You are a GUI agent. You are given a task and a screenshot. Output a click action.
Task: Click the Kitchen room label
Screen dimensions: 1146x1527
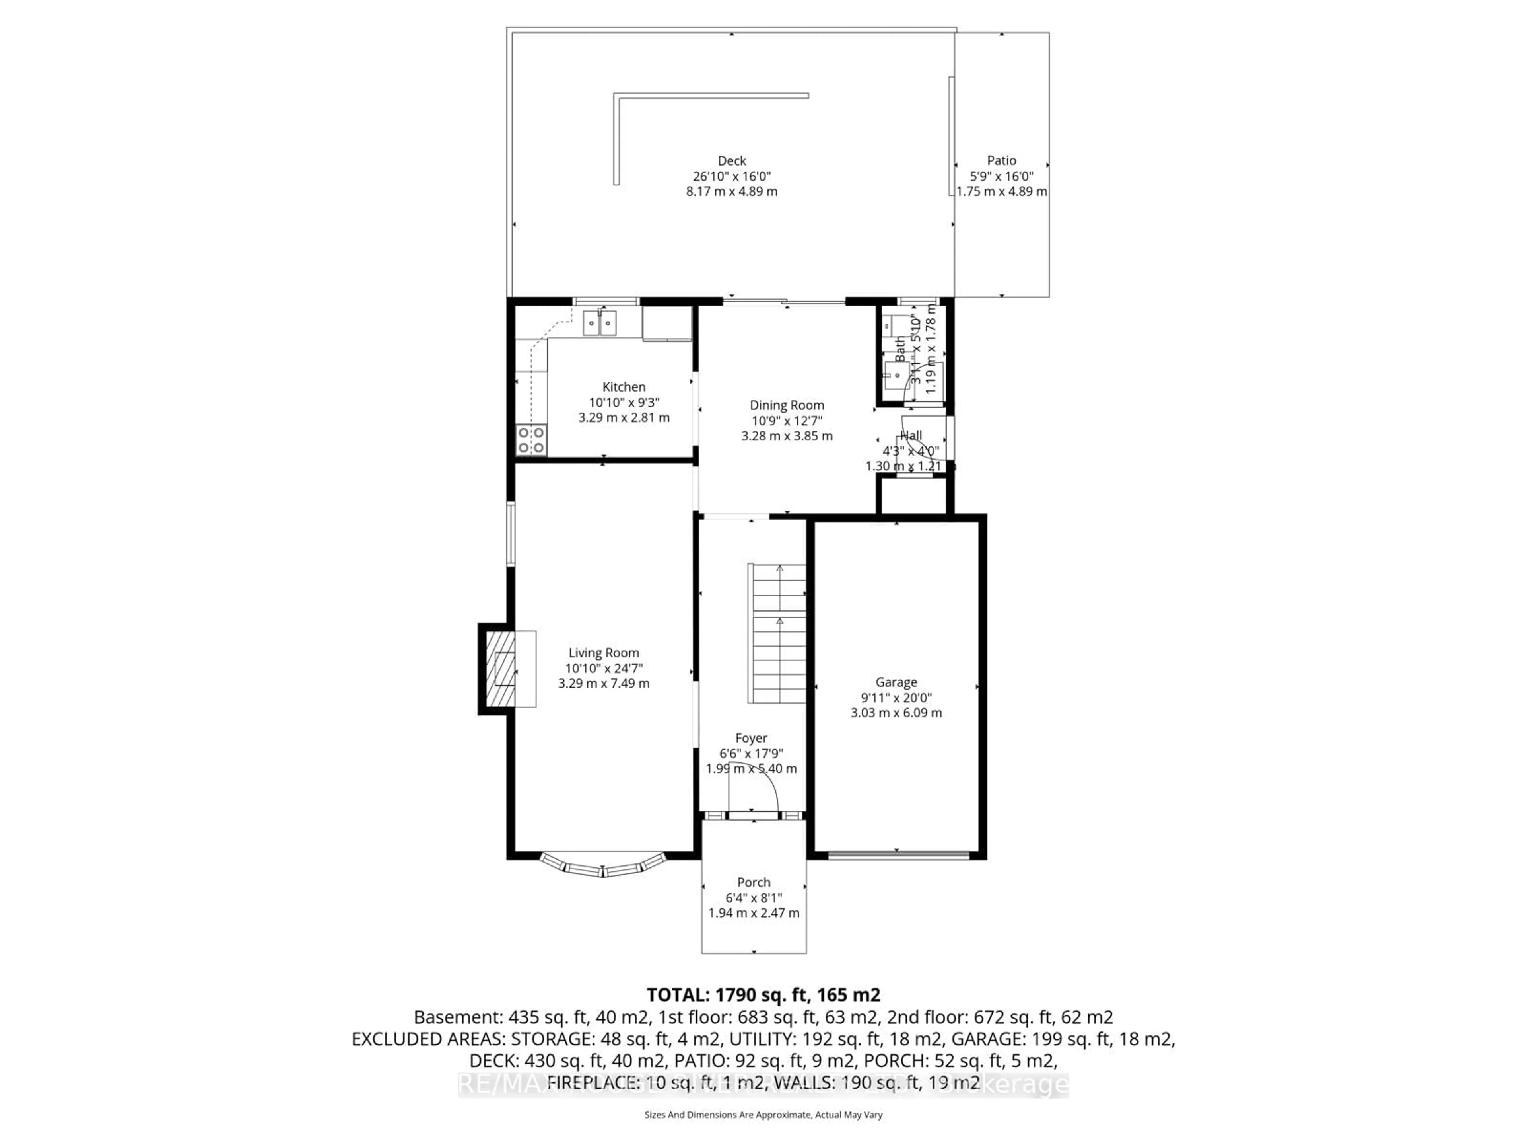[624, 387]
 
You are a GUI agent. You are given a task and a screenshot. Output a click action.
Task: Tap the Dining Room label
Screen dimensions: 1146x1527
[787, 405]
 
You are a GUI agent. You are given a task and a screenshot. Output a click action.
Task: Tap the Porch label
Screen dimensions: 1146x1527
[753, 882]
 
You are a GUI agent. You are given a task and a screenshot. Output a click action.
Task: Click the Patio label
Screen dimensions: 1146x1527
[1001, 160]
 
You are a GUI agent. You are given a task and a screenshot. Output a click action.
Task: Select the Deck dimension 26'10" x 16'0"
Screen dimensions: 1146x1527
[732, 176]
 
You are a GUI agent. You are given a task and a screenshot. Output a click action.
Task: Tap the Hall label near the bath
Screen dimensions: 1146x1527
[911, 435]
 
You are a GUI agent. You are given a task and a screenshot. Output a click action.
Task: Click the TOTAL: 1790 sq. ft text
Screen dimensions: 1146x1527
[763, 995]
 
